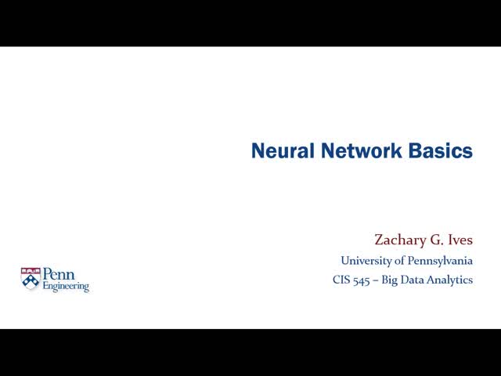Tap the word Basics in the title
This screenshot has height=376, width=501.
441,151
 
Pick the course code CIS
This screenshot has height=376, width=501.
341,280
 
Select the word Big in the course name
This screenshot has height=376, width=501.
391,280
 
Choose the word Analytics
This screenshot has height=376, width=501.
452,280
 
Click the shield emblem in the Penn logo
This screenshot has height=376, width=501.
31,279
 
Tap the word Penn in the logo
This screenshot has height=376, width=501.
58,275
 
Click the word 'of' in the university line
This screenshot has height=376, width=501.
396,261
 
